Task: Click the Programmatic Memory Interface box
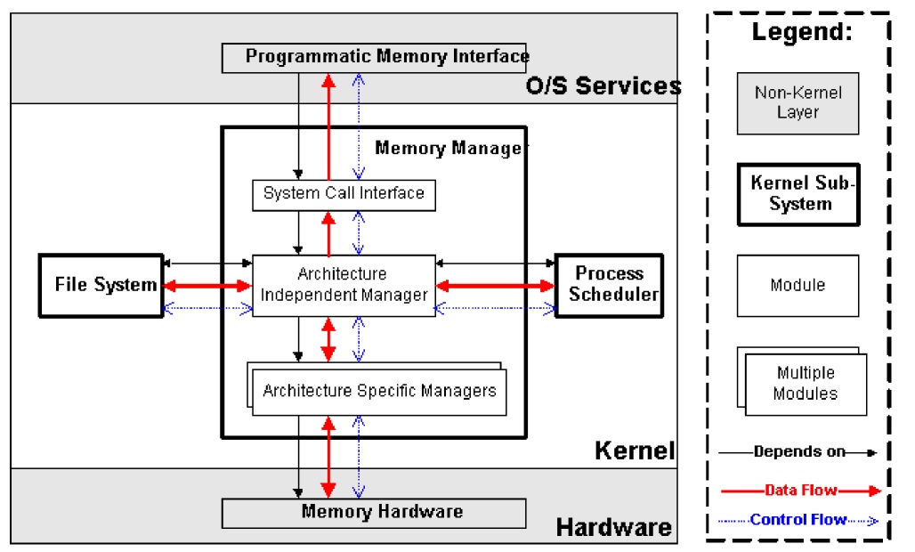coord(374,57)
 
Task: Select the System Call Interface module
coord(344,193)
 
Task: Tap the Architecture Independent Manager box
coord(344,284)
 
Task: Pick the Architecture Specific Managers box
coord(379,391)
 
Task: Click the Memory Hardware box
coord(373,512)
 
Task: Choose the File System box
coord(99,285)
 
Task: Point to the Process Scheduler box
coord(610,284)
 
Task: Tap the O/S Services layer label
coord(603,86)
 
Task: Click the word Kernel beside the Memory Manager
coord(635,451)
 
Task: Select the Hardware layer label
coord(614,527)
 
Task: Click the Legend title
coord(802,33)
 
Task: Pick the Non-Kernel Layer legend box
coord(798,102)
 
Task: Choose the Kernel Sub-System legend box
coord(798,193)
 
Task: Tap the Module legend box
coord(798,285)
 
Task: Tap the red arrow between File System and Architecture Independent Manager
coord(206,286)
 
